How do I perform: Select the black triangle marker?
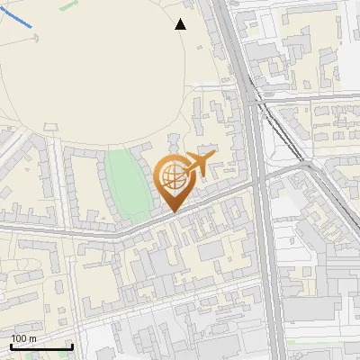click(x=181, y=25)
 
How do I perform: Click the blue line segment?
click(x=18, y=17)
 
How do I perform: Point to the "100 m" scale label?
click(x=24, y=337)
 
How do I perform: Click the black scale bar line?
click(x=40, y=347)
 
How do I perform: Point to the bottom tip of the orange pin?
click(x=171, y=211)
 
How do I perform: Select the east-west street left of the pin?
click(x=72, y=231)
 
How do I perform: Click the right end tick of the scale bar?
click(x=72, y=346)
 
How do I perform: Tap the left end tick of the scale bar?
click(x=9, y=346)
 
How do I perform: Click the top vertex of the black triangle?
click(x=181, y=19)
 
